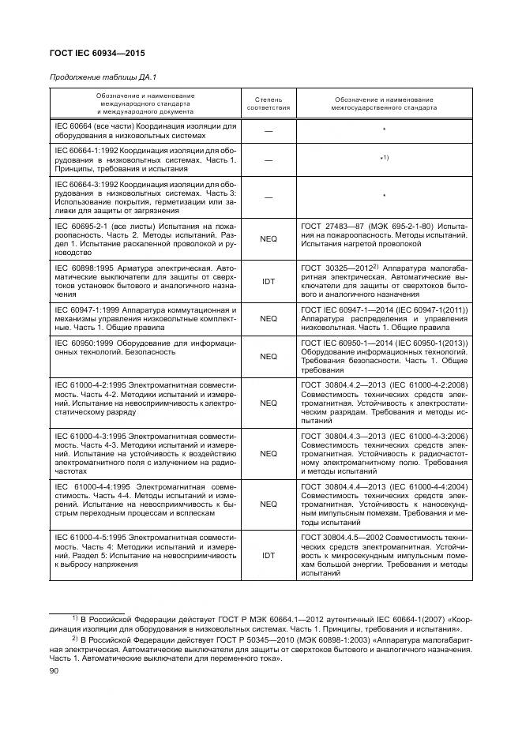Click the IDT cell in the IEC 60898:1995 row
(269, 280)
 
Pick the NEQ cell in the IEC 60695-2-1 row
(269, 240)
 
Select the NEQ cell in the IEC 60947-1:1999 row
(269, 319)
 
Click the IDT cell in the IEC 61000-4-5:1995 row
(269, 556)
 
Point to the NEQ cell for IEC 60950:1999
(269, 357)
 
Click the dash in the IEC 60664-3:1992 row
(269, 197)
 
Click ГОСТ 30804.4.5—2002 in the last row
(341, 537)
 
